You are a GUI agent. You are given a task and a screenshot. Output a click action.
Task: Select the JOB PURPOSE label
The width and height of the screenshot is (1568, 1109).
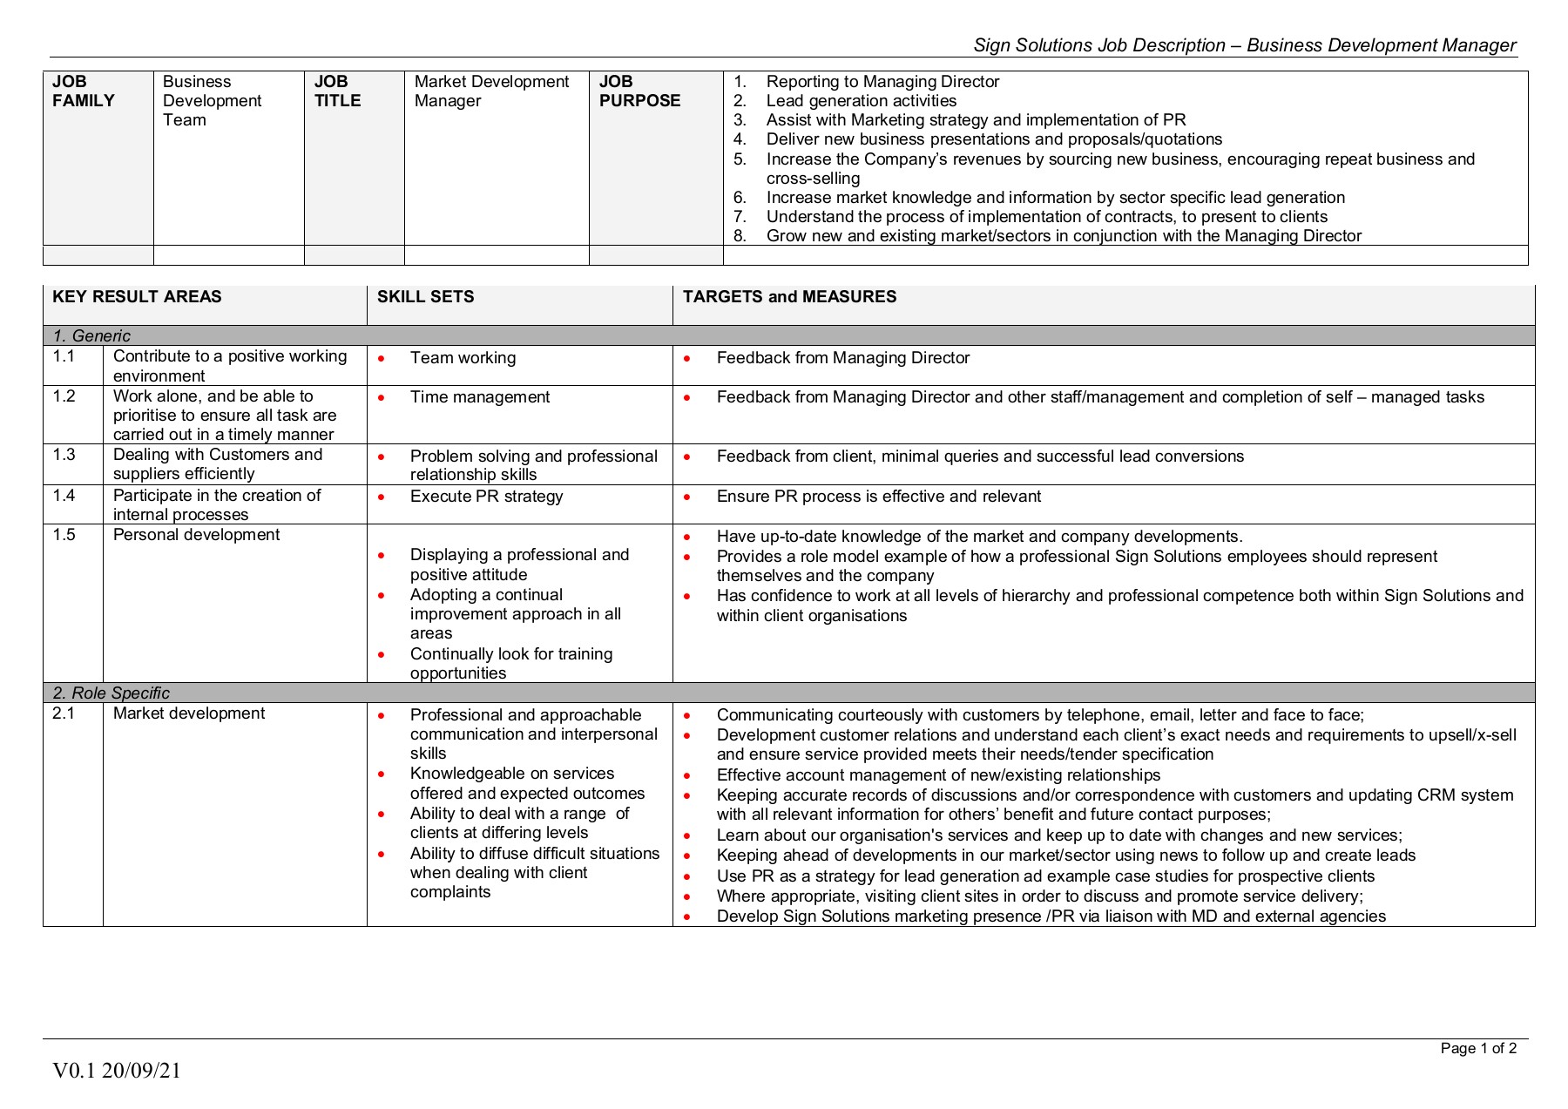coord(639,91)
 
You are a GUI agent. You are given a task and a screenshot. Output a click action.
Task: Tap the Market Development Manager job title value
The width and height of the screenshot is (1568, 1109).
coord(491,91)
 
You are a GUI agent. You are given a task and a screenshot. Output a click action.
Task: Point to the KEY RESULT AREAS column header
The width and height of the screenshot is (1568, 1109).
coord(137,297)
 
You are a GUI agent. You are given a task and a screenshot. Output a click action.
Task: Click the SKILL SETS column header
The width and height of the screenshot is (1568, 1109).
coord(425,297)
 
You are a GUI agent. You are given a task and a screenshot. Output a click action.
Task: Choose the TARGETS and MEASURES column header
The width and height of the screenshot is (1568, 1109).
coord(789,297)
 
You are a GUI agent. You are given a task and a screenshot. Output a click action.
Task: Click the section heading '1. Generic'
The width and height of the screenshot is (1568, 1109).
coord(91,336)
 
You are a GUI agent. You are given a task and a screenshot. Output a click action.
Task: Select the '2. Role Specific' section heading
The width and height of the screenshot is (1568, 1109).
coord(111,693)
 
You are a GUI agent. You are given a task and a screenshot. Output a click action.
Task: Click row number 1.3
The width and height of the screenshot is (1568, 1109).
coord(64,455)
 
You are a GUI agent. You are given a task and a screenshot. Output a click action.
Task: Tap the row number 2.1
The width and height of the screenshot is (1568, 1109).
coord(64,713)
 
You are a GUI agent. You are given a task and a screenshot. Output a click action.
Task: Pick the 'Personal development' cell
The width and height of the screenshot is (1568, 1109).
coord(196,535)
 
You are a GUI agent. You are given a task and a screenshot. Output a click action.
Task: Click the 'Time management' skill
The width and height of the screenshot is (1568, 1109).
coord(480,397)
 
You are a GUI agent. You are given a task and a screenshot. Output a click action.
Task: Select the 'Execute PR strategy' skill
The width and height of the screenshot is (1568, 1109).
coord(486,497)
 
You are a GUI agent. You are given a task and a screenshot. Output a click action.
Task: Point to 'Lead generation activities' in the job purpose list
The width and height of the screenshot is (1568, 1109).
coord(861,101)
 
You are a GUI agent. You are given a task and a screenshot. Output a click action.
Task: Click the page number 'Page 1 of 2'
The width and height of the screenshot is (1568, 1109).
coord(1478,1049)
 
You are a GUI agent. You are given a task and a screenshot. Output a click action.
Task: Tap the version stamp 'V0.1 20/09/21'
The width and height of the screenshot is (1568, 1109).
coord(117,1071)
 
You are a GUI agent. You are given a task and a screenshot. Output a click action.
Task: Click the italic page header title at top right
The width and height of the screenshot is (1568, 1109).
coord(1244,45)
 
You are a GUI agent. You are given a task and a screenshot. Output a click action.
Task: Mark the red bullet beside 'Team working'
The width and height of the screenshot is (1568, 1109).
coord(382,358)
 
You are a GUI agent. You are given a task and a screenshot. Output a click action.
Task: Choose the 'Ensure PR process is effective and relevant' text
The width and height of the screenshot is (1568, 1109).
coord(878,497)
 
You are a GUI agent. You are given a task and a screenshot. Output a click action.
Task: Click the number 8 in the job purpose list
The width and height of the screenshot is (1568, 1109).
coord(740,236)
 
